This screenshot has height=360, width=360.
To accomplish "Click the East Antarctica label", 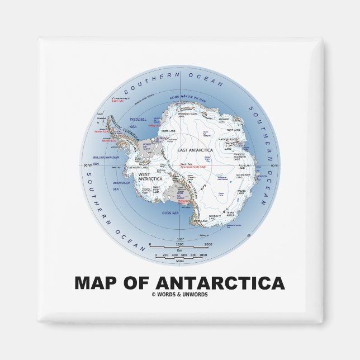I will (x=192, y=150).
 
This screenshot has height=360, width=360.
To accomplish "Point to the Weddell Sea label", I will (x=138, y=122).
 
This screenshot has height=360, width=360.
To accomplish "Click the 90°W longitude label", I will (x=88, y=166).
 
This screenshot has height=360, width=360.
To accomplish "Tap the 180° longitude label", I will (x=180, y=238).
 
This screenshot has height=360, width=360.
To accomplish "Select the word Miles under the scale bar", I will (x=180, y=260).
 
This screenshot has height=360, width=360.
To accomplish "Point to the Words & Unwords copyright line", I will (x=179, y=295).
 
